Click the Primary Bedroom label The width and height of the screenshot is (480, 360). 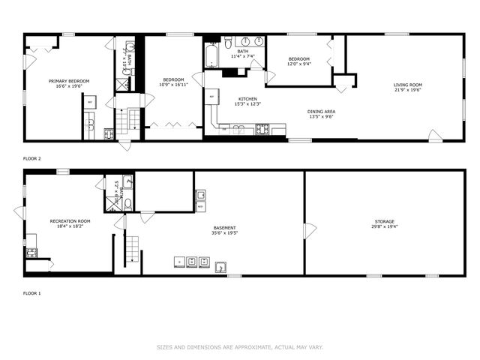point(69,81)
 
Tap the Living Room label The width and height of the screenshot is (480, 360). point(408,85)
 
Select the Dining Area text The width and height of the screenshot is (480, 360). point(320,112)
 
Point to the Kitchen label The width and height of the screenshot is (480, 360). point(248,99)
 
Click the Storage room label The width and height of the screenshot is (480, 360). point(385,222)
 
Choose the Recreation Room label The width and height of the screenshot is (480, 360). point(70,221)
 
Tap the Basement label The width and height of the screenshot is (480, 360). point(224,228)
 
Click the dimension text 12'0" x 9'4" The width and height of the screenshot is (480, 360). point(299,64)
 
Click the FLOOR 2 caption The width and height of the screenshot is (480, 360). point(31,159)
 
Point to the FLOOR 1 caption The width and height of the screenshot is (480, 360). point(31,292)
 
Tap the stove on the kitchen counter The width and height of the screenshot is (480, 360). point(262,130)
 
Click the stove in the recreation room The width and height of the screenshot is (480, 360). point(31,253)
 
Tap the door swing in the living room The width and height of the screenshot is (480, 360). point(434,135)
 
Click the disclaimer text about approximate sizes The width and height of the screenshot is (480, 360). point(239,347)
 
